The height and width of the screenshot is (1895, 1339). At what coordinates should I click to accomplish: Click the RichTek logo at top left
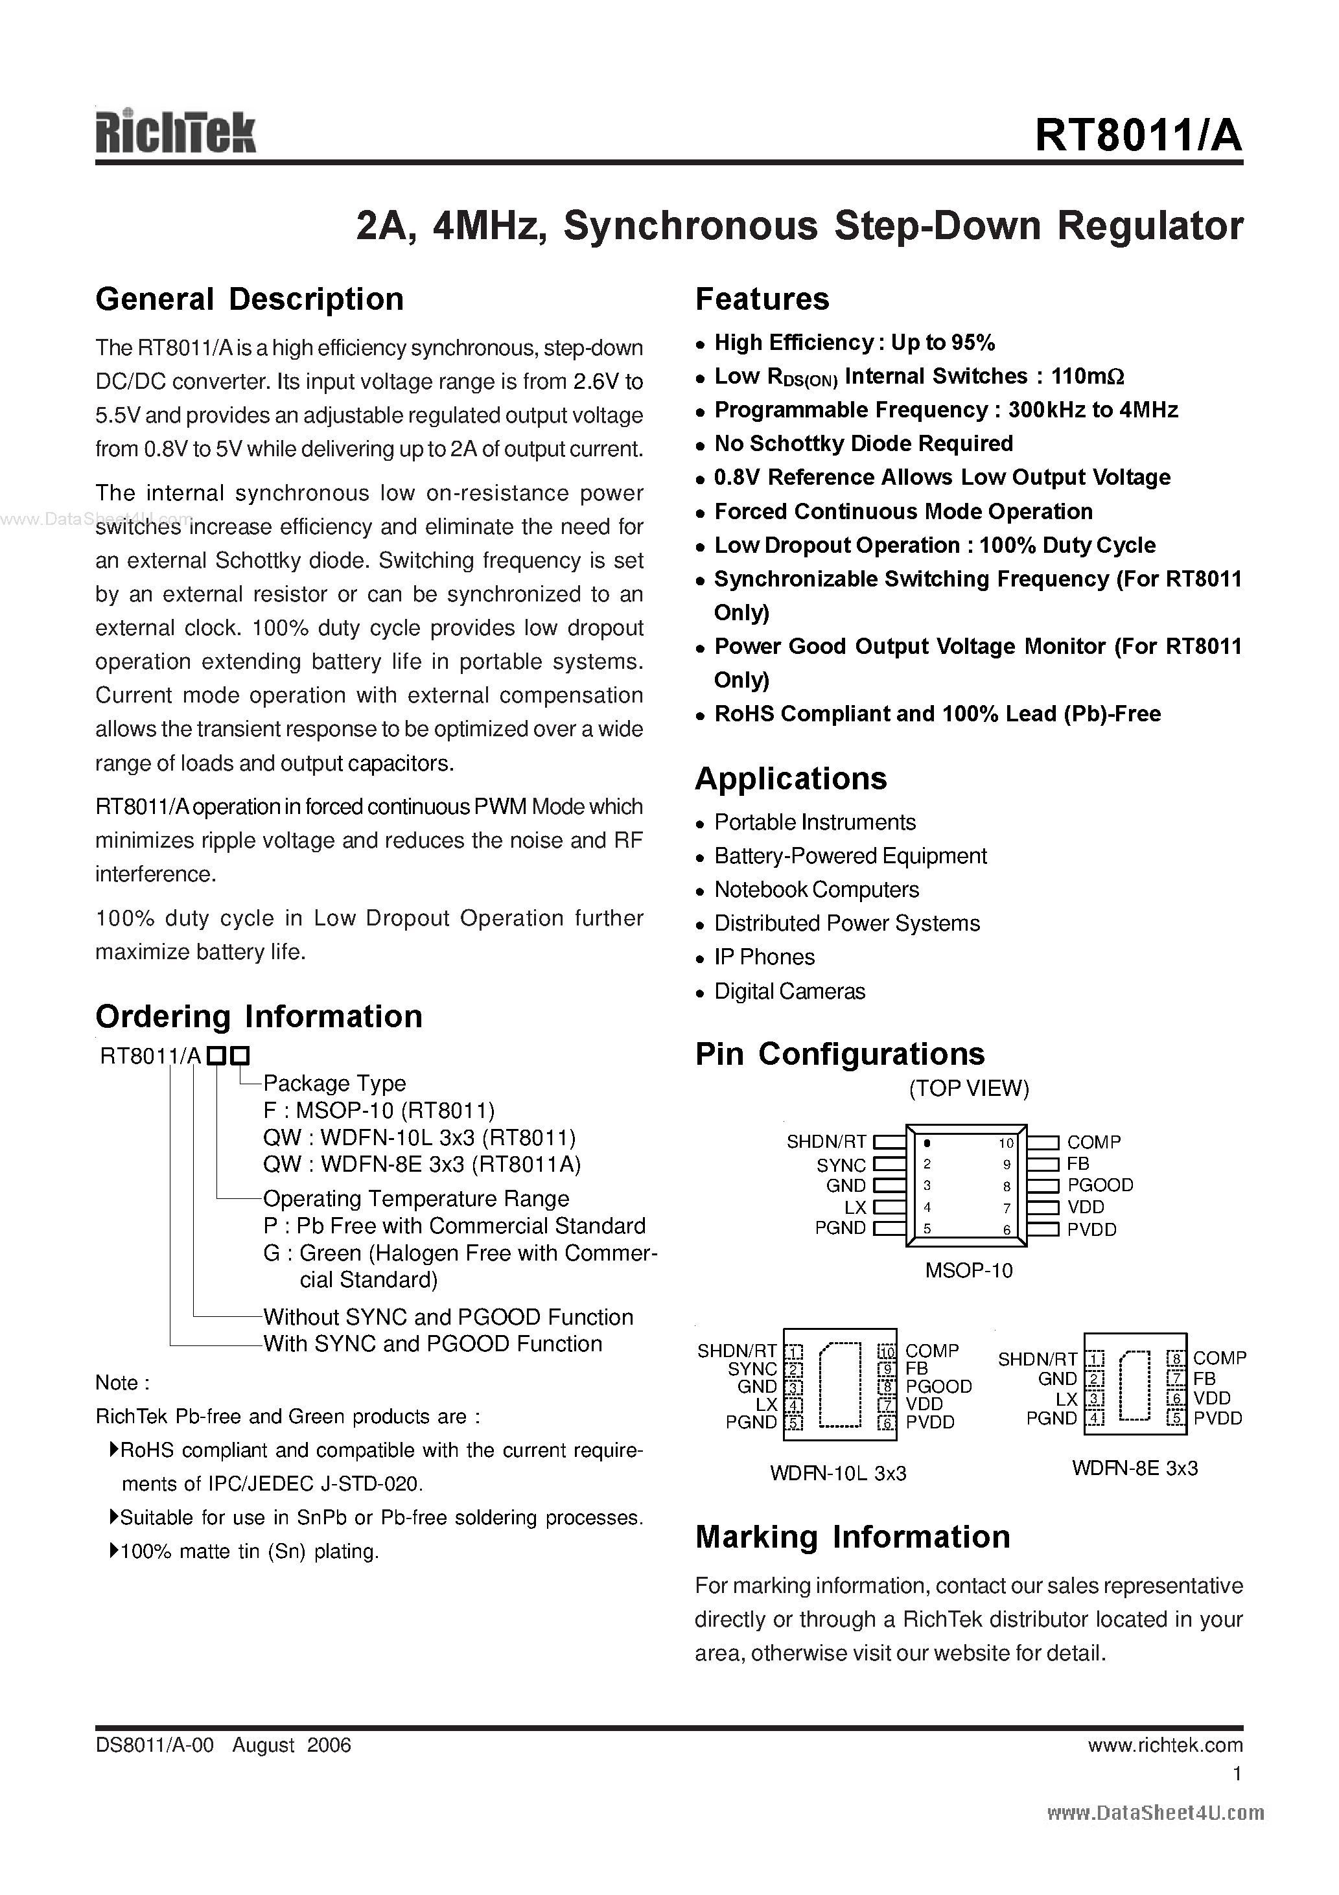pos(176,132)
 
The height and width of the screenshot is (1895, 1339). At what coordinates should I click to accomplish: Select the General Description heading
pos(250,299)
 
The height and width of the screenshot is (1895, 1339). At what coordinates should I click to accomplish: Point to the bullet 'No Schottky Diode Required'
pos(863,443)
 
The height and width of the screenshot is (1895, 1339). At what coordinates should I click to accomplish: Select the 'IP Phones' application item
pos(763,957)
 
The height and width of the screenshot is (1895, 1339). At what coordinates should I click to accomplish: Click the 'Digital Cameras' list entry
pos(789,990)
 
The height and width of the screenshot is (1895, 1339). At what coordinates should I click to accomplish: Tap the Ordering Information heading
pos(259,1016)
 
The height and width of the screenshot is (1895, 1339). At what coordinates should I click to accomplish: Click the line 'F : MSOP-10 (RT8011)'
pos(379,1110)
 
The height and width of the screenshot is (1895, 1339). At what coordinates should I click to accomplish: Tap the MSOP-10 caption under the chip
pos(968,1270)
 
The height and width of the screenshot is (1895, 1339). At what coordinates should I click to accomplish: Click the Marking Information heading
pos(852,1537)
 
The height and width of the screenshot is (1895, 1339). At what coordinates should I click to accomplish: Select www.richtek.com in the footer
pos(1165,1745)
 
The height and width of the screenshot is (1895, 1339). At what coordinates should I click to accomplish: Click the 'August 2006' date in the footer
pos(292,1745)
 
